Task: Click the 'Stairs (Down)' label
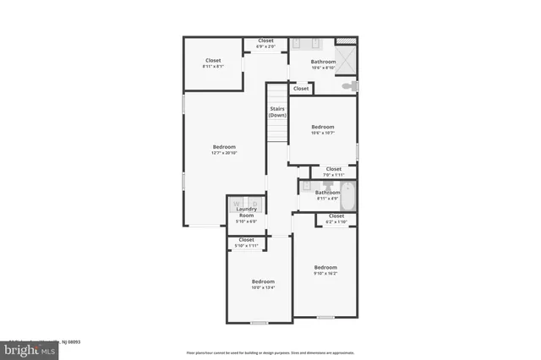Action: click(277, 112)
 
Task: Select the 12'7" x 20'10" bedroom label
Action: click(224, 150)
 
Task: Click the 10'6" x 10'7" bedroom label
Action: click(323, 129)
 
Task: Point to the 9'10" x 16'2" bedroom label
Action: click(325, 270)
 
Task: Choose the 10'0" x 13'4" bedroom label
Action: click(263, 284)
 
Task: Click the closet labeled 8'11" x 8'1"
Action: click(213, 63)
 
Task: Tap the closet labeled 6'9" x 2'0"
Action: click(265, 43)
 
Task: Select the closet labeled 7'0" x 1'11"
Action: click(333, 171)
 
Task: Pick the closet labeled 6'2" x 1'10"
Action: click(336, 218)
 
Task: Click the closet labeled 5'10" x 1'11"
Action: click(246, 242)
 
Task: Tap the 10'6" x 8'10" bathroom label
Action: click(323, 64)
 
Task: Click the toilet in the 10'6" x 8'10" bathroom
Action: click(347, 86)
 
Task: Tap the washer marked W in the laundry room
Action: click(237, 204)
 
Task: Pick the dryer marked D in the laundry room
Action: click(254, 204)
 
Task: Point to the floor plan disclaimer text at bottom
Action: click(270, 352)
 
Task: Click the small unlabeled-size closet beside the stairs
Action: click(300, 88)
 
